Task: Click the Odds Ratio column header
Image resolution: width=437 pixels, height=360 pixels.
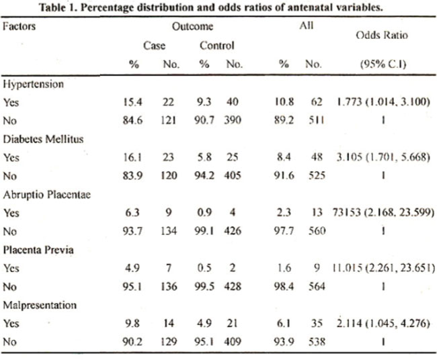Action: pos(382,35)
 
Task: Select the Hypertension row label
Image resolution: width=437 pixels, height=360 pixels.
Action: pos(33,85)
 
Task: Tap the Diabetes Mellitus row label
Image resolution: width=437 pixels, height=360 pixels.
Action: pos(43,139)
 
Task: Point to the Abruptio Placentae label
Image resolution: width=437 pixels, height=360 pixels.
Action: pos(47,195)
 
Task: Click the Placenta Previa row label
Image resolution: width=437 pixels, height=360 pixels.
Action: pos(38,250)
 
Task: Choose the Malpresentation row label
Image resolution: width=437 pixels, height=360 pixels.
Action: pos(40,305)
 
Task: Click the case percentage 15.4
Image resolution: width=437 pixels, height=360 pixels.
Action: pos(132,102)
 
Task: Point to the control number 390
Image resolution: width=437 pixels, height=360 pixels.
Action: pos(233,120)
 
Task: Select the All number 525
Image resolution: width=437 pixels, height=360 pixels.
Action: pos(317,175)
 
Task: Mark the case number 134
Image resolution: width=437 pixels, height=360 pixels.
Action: pos(169,231)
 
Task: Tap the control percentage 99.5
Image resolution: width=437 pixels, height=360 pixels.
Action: pos(204,286)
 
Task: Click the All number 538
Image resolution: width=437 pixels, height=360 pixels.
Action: pos(317,341)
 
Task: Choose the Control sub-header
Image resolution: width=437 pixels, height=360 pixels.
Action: pos(217,46)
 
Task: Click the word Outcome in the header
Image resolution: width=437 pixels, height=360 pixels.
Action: pos(192,26)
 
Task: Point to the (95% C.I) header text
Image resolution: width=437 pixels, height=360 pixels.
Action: pos(383,64)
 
